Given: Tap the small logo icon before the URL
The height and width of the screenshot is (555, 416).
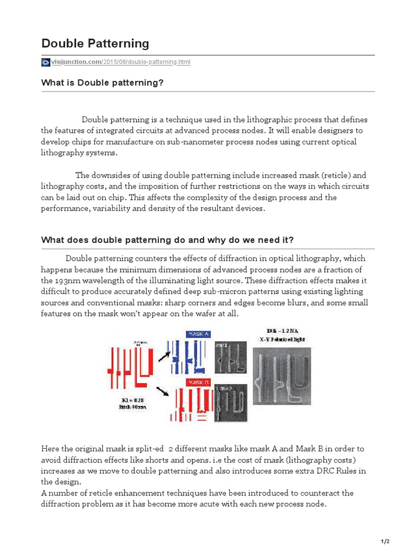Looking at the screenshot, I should [x=45, y=62].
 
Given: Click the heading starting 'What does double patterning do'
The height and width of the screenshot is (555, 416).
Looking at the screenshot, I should [x=168, y=240].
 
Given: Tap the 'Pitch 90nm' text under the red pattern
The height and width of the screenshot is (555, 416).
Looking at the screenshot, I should [x=133, y=408].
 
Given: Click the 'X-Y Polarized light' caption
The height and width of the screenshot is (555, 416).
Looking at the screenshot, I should [x=285, y=339].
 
